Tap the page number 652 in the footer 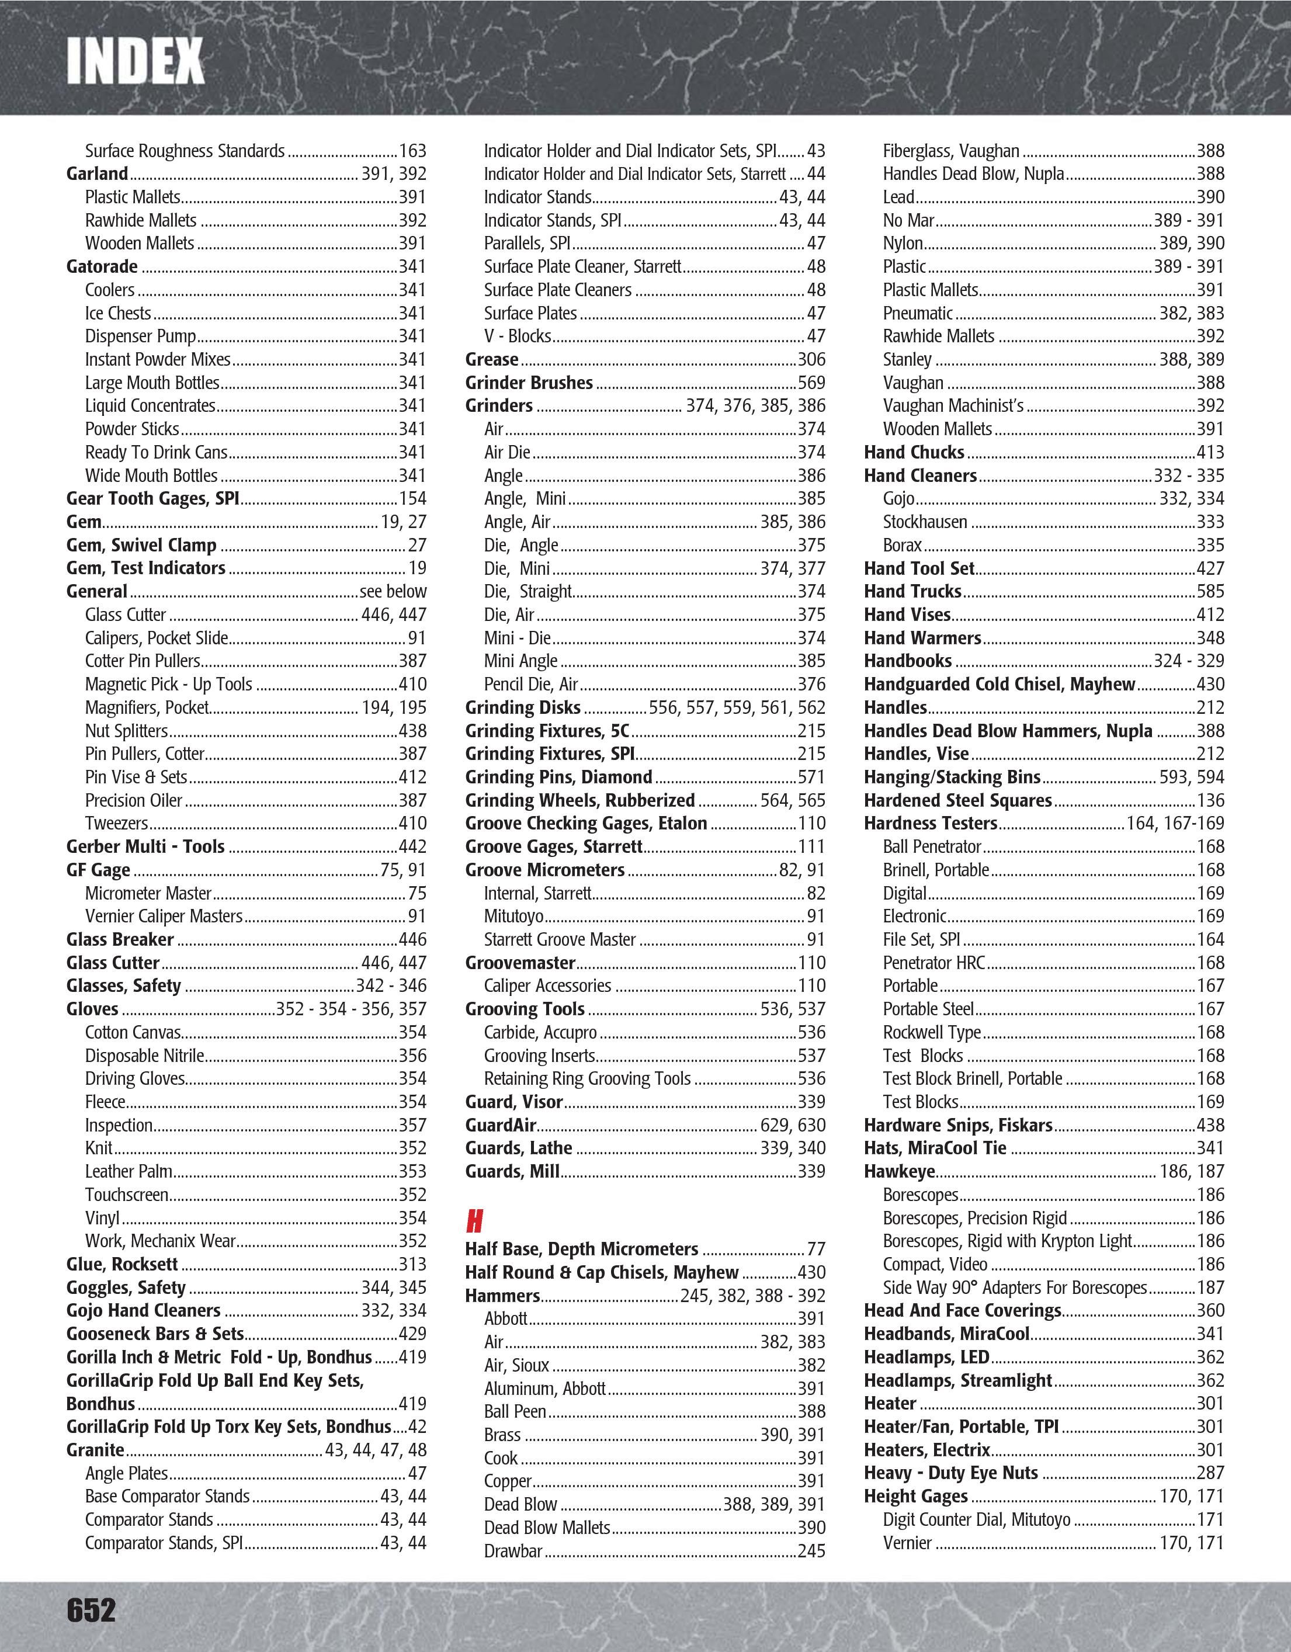tap(92, 1609)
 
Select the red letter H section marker tap(474, 1221)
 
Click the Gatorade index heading tap(102, 266)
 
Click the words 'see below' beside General tap(393, 592)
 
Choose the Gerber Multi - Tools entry tap(145, 846)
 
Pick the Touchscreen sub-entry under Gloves tap(126, 1195)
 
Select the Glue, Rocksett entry tap(122, 1265)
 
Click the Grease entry tap(492, 359)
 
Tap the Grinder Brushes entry tap(529, 383)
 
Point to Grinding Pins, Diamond tap(558, 777)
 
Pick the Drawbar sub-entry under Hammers tap(513, 1550)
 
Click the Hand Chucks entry tap(914, 452)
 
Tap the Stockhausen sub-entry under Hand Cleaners tap(925, 522)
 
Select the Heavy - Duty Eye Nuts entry tap(950, 1473)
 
